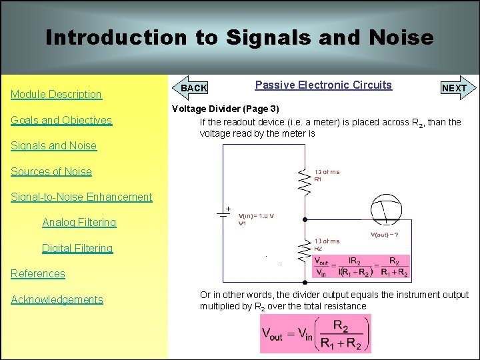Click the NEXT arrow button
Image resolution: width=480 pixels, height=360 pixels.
[x=457, y=88]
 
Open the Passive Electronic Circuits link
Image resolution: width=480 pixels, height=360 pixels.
[x=323, y=85]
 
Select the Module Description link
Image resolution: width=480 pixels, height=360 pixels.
[x=56, y=95]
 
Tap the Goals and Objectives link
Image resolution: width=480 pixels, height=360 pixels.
[x=61, y=120]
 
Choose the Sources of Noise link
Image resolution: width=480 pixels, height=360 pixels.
[x=51, y=171]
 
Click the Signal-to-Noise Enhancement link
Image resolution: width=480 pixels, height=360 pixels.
[x=81, y=197]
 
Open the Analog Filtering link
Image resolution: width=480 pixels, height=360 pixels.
[x=79, y=222]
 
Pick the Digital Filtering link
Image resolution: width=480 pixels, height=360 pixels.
[x=77, y=248]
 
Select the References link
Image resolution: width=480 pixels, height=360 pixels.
[x=38, y=273]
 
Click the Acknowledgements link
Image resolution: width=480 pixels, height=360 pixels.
[x=57, y=299]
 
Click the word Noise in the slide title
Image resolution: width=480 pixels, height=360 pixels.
[x=398, y=37]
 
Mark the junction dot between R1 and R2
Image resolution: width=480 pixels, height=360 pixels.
[x=305, y=219]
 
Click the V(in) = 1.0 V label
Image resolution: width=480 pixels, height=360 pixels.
[x=256, y=216]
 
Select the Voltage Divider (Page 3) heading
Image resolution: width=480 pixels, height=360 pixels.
[x=226, y=109]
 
